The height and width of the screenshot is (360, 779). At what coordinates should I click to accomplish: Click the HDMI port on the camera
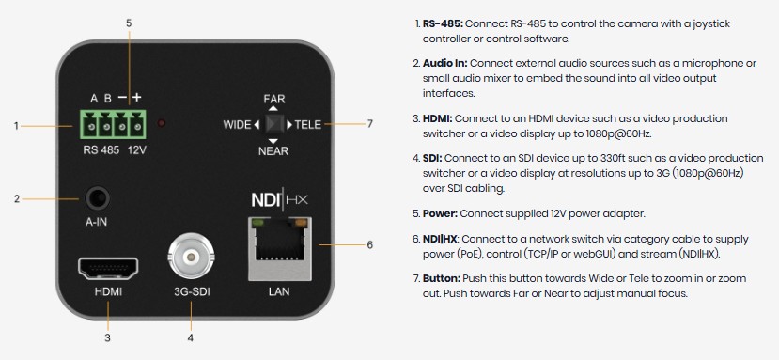click(x=107, y=269)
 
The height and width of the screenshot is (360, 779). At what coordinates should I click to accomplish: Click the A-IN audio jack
click(x=97, y=199)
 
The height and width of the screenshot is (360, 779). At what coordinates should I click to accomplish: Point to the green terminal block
click(x=112, y=124)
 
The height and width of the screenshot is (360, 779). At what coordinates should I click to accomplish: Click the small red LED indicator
click(x=162, y=123)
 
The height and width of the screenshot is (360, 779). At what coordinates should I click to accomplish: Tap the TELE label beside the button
click(x=307, y=124)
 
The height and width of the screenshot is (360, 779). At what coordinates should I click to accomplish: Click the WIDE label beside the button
click(x=237, y=125)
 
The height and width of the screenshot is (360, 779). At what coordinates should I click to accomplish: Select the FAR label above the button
click(x=274, y=100)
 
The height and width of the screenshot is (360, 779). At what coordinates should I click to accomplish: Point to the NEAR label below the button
click(x=273, y=150)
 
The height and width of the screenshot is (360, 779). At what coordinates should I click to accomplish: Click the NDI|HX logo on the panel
click(x=279, y=200)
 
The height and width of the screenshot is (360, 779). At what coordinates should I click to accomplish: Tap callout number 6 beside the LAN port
click(x=369, y=244)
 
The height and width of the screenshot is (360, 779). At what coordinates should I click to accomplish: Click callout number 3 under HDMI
click(x=107, y=338)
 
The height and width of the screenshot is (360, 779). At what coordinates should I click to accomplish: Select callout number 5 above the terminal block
click(x=129, y=23)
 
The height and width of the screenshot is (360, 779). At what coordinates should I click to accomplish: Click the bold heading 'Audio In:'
click(x=445, y=63)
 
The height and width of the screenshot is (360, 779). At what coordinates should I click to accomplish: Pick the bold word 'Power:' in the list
click(x=440, y=213)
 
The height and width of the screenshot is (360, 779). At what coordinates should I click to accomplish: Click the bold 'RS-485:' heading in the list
click(x=444, y=23)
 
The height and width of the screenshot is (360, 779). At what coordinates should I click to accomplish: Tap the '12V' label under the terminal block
click(x=136, y=149)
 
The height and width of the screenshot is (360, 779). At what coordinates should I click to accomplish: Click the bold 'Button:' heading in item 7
click(x=442, y=278)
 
